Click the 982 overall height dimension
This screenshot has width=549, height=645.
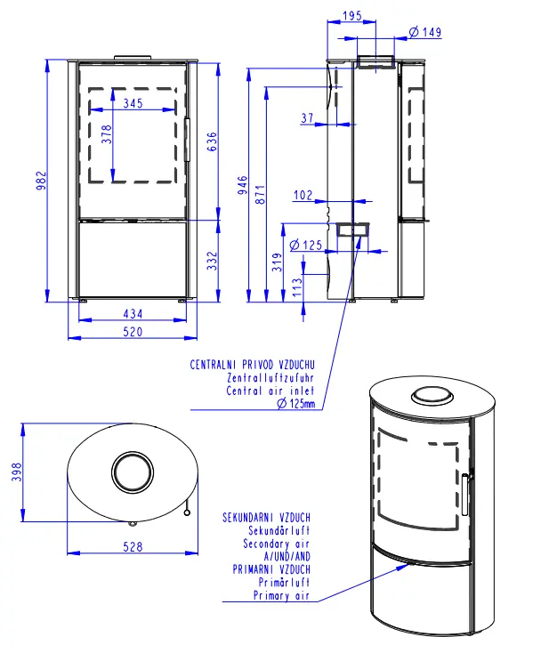point(42,181)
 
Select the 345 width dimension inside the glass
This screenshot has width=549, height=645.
point(133,103)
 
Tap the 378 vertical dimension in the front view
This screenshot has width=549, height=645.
point(106,134)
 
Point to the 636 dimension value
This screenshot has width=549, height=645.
point(212,141)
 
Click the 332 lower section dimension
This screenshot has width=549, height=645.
point(212,261)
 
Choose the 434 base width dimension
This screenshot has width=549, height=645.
point(133,314)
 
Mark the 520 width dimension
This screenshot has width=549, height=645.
point(133,332)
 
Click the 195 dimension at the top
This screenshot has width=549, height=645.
point(352,16)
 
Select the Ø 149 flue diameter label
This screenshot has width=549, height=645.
point(425,32)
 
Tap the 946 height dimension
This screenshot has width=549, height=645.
point(243,185)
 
